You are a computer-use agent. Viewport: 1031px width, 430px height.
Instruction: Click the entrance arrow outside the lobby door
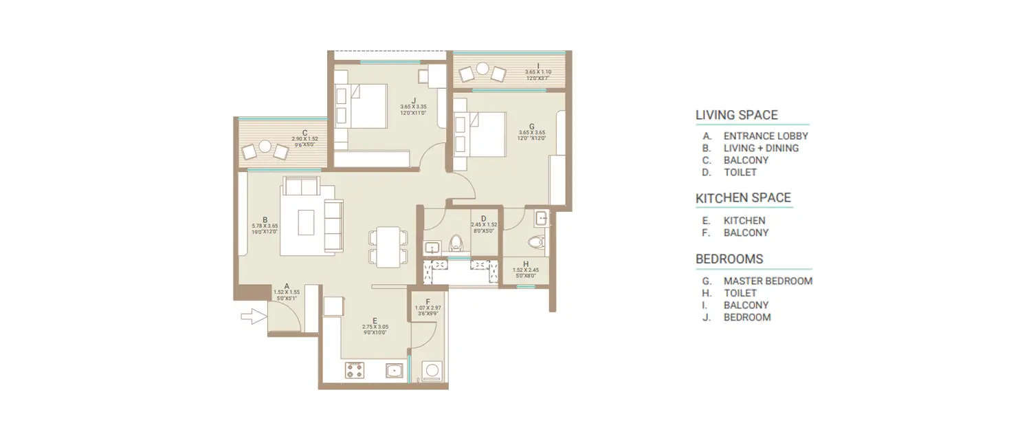pos(253,316)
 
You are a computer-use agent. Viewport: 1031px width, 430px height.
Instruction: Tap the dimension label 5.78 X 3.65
pos(265,226)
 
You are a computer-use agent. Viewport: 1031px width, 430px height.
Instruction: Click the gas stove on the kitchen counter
pos(355,372)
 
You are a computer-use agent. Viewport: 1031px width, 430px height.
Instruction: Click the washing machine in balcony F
pos(432,371)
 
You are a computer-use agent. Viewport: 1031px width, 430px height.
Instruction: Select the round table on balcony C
pos(265,146)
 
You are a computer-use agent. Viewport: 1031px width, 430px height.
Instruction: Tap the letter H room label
pos(526,264)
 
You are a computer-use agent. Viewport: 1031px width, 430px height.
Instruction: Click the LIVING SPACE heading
pos(737,115)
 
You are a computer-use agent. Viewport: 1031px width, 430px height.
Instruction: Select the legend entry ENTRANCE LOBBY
pos(766,136)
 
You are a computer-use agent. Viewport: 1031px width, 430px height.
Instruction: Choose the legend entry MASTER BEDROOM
pos(768,281)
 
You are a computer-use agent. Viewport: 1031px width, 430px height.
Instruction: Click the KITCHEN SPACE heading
pos(743,199)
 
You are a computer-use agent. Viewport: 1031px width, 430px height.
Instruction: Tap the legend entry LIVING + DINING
pos(761,148)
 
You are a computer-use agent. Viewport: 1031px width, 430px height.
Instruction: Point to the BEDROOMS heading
pos(729,259)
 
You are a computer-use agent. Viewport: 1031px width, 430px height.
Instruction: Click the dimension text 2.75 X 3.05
pos(375,327)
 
